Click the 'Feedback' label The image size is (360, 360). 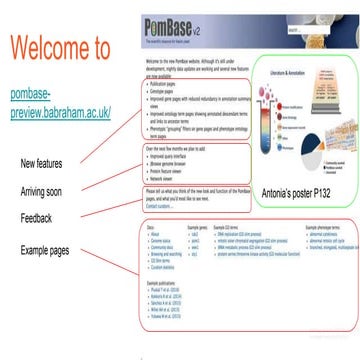[x=37, y=217]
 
